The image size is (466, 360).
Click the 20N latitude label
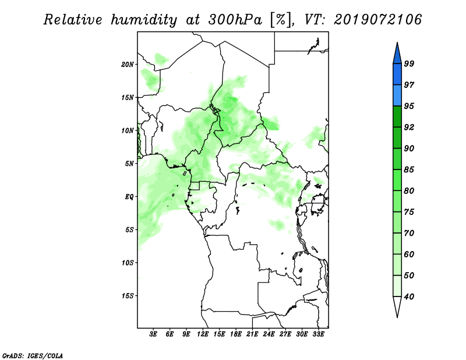pos(128,65)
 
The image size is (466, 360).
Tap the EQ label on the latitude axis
pos(129,197)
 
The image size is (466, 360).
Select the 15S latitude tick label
pos(128,296)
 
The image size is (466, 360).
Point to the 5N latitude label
pos(129,164)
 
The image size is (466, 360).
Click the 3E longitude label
pos(153,334)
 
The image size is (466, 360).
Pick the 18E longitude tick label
pos(236,334)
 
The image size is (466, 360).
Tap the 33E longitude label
pos(318,334)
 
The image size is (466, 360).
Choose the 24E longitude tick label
pos(269,334)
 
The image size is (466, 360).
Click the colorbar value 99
pos(409,63)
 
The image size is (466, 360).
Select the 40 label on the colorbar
pos(409,297)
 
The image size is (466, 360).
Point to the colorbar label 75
pos(409,212)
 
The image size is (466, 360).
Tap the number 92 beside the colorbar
pos(409,127)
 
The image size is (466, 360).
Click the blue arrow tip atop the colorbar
pos(397,43)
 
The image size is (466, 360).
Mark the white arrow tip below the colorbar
pos(397,317)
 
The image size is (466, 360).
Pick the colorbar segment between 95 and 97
pos(397,96)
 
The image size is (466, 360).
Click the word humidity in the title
pos(144,20)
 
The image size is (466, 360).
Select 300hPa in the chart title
pos(235,20)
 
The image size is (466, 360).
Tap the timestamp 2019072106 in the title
pos(377,20)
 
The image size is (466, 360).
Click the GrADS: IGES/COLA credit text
pos(33,356)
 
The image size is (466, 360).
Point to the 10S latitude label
pos(128,263)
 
